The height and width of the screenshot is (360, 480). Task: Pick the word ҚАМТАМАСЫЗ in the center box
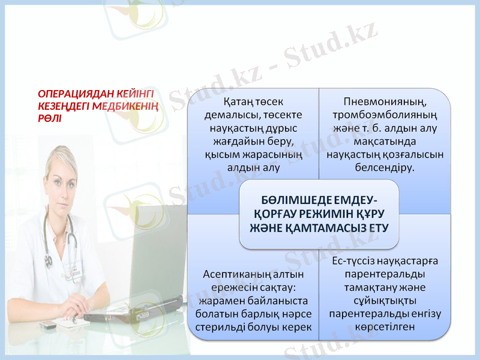(339, 228)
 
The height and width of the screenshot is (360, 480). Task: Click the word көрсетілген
(385, 326)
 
